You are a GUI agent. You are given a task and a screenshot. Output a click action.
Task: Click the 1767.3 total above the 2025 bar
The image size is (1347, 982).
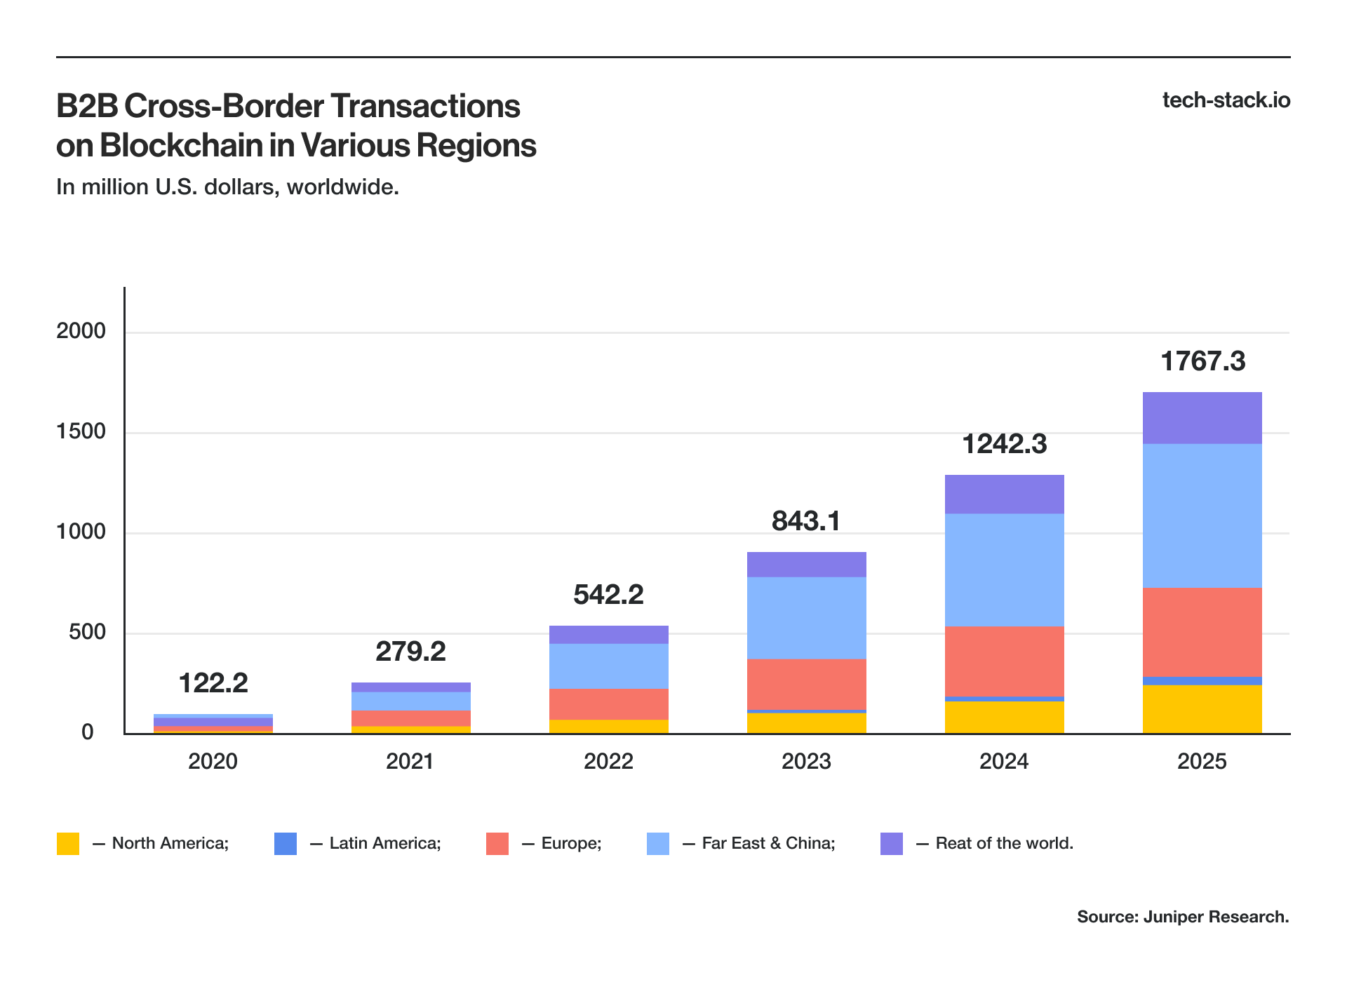(1202, 361)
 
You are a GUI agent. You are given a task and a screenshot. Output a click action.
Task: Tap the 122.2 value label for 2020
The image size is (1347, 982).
(213, 683)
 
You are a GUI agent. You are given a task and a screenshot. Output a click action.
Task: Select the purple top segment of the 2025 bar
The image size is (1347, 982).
(1202, 418)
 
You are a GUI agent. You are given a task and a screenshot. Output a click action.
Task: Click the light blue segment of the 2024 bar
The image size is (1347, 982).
(1004, 570)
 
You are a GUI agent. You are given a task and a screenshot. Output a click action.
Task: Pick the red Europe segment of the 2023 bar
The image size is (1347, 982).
(806, 684)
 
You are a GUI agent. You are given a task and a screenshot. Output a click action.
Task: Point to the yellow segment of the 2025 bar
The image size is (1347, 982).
(1202, 709)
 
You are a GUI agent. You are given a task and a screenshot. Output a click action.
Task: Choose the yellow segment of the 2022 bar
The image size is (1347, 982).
(608, 727)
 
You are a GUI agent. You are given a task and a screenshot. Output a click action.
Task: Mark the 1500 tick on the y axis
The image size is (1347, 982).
(81, 431)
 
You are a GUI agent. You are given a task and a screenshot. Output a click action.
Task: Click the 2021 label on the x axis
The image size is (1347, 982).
(410, 761)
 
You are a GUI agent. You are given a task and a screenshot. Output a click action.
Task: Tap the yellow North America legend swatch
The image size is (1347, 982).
(68, 843)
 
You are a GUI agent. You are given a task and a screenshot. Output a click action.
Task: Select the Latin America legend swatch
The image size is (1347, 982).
(286, 843)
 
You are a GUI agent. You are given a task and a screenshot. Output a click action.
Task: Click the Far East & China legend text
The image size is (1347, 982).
(768, 843)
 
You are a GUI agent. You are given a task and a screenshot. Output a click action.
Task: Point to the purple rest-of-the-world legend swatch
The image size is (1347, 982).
(892, 843)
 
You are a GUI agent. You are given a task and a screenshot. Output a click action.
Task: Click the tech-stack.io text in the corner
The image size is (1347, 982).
(1226, 100)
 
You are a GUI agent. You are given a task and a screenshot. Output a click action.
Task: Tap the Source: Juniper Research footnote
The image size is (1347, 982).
(1183, 917)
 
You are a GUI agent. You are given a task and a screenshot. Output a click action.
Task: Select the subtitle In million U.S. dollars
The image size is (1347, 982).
(227, 187)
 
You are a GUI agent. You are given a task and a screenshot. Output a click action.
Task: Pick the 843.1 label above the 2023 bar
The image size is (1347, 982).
(805, 521)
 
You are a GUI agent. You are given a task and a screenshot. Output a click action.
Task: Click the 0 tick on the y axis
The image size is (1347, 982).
(88, 732)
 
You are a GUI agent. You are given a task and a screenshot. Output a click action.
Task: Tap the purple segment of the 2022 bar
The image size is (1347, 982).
(608, 635)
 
